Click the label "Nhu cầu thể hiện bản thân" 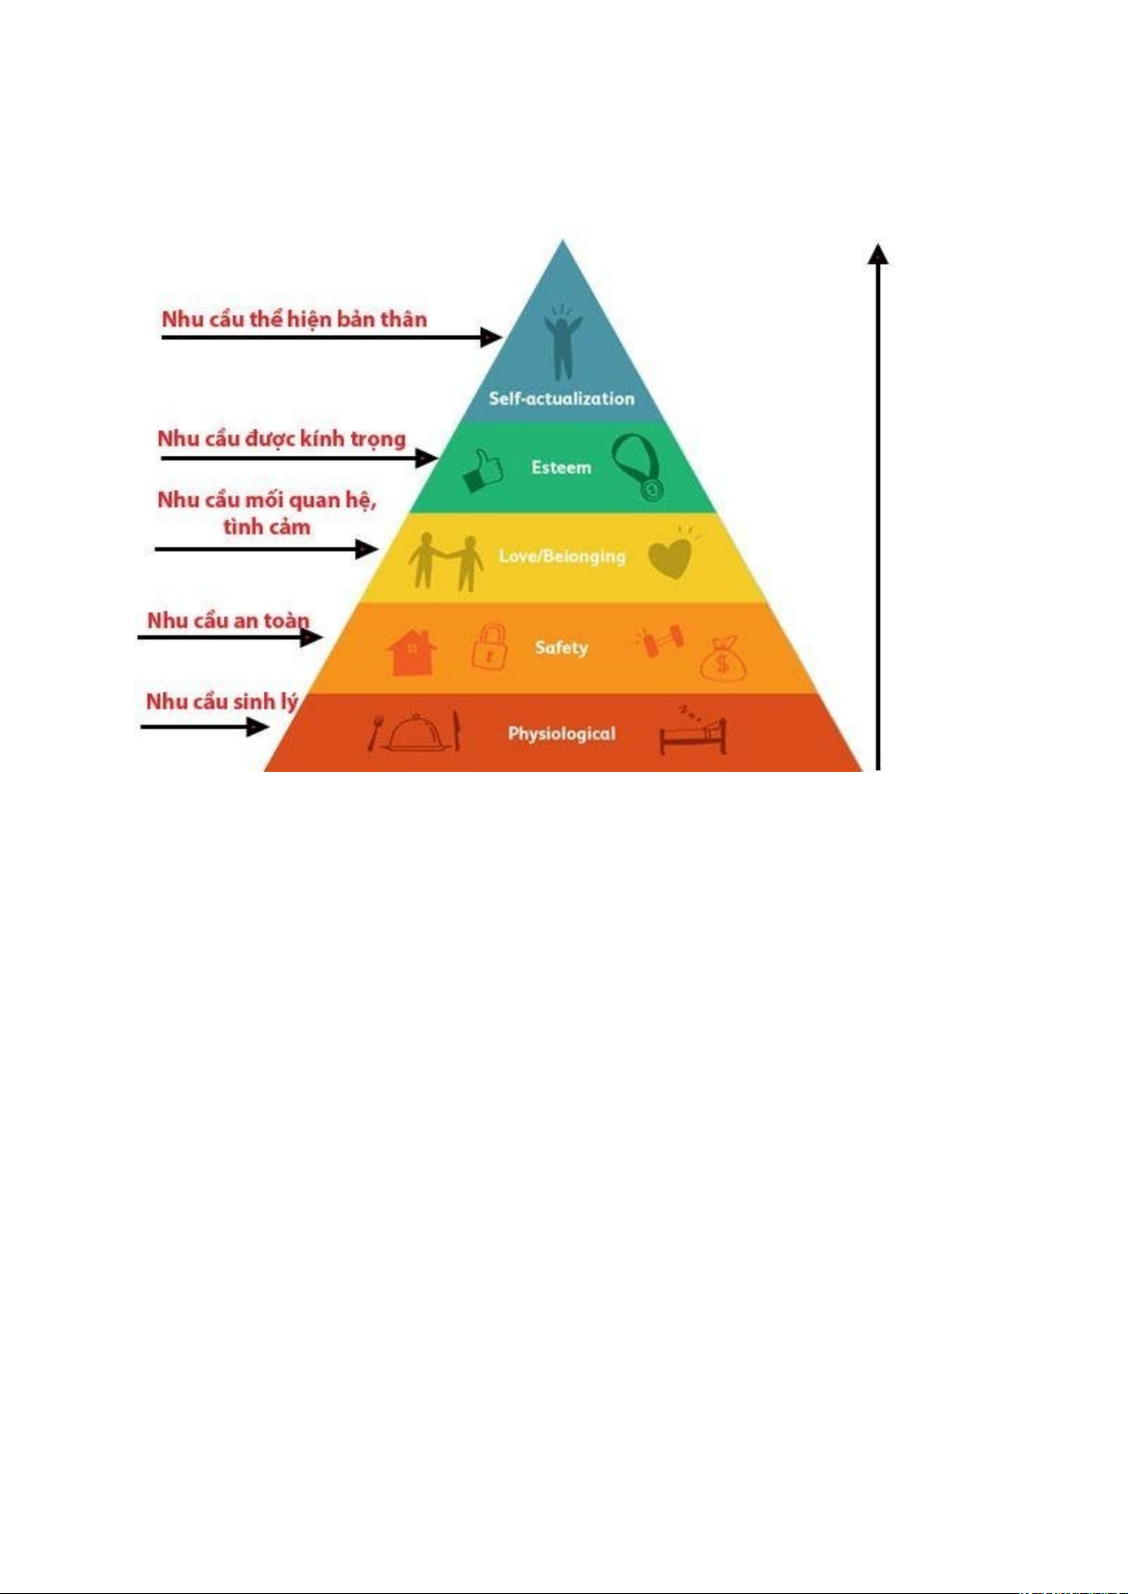point(294,320)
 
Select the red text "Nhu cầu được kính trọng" point(281,439)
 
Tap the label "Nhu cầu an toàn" point(228,621)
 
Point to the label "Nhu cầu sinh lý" point(221,702)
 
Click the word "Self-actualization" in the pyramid point(561,398)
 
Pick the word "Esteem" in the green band point(561,467)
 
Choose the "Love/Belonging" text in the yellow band point(562,556)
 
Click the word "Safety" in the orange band point(561,648)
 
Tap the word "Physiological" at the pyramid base point(561,733)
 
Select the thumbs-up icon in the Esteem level point(483,470)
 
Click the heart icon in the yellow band point(671,556)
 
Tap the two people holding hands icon point(445,561)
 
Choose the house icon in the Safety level point(412,651)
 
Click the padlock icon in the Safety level point(489,648)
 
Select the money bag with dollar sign point(723,658)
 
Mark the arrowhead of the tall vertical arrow point(879,254)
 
